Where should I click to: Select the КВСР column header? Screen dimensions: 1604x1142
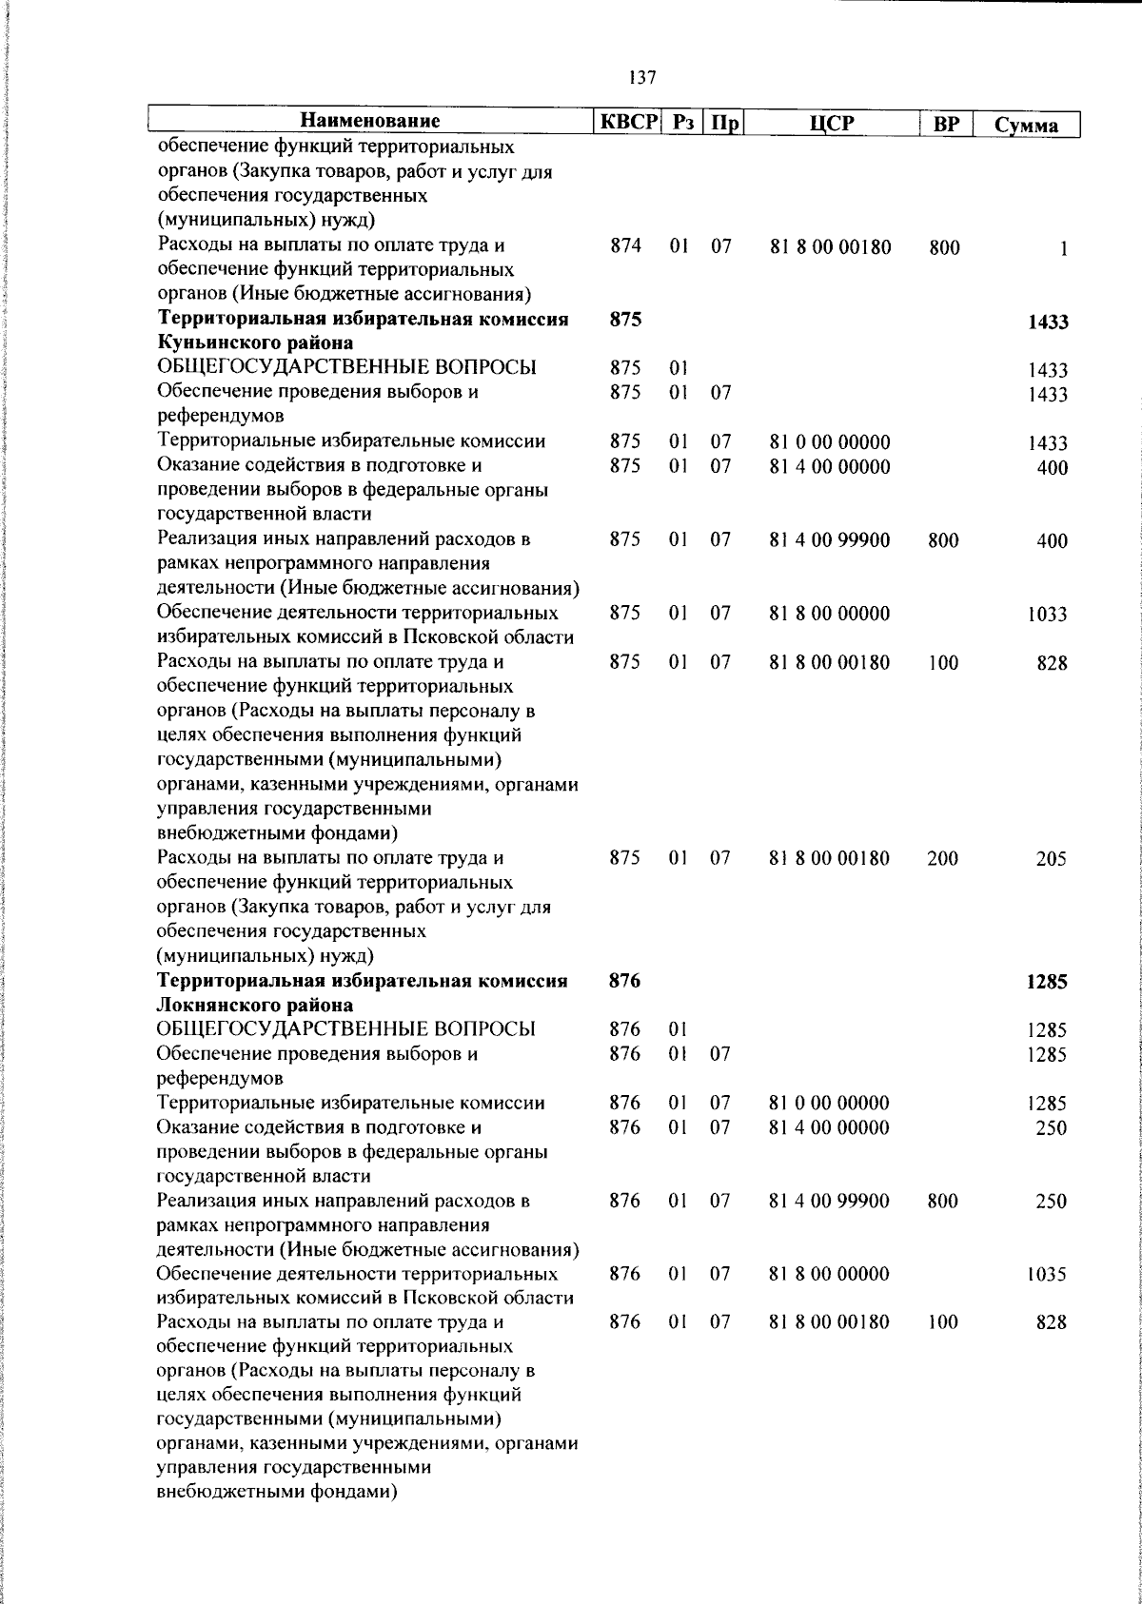point(625,123)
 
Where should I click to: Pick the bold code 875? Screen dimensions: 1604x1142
point(625,320)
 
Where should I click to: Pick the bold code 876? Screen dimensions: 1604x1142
point(625,980)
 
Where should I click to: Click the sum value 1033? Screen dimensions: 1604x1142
point(1047,615)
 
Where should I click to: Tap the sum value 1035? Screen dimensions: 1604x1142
point(1047,1275)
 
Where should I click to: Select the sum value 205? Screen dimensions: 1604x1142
point(1052,859)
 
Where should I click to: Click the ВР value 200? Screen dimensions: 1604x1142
point(943,859)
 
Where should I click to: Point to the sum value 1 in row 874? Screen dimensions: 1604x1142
point(1063,249)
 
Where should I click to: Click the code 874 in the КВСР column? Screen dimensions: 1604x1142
point(625,246)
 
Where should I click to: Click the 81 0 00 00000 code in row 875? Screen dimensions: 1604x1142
point(830,442)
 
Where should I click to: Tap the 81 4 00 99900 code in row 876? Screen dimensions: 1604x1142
point(830,1202)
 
